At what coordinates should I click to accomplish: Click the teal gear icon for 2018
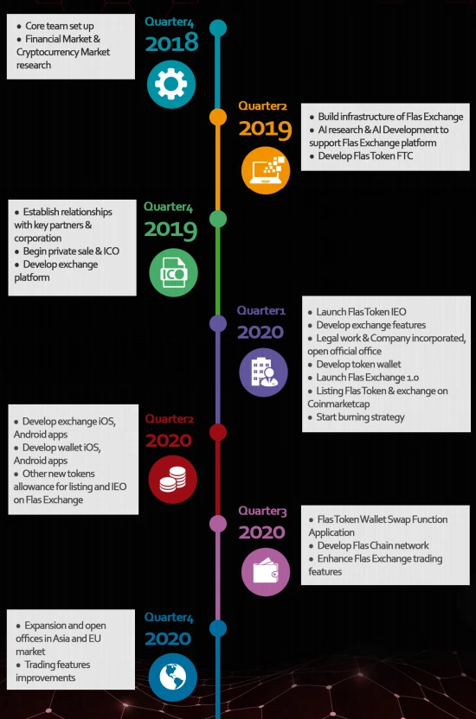(171, 85)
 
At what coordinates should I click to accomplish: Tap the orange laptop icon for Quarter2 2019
(266, 170)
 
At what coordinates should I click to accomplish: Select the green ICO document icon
(173, 273)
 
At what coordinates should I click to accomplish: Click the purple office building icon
(263, 372)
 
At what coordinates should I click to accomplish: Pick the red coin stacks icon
(172, 479)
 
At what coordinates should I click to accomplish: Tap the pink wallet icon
(266, 572)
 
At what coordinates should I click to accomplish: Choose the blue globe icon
(172, 677)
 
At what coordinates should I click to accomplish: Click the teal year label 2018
(171, 42)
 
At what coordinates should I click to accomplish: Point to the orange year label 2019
(266, 129)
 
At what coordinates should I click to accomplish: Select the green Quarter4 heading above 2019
(169, 207)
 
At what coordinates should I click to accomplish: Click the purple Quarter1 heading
(261, 310)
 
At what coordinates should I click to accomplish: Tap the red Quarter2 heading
(170, 418)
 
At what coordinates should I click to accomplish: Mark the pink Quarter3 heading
(262, 511)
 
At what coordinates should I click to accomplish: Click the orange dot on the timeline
(218, 117)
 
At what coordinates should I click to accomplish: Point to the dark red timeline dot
(218, 432)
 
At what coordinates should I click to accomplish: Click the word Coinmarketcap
(338, 404)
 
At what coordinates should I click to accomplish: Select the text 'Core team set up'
(59, 26)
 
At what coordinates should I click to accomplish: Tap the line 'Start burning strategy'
(360, 417)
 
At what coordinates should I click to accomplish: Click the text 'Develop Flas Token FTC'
(365, 156)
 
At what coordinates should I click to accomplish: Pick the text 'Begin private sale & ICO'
(71, 251)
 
